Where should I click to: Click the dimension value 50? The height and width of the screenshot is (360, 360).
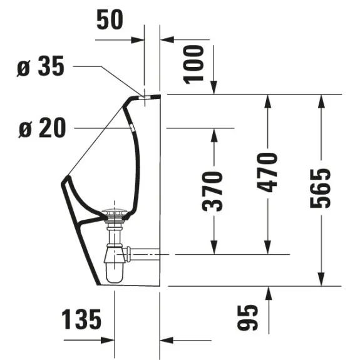point(110,20)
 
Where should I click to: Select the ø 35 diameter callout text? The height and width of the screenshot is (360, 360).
point(41,66)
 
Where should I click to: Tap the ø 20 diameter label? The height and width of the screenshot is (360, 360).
point(42,128)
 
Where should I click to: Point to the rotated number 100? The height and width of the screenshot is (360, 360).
point(193,64)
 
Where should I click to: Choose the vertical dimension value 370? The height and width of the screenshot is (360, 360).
point(212,191)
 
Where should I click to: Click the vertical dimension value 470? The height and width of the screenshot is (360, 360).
point(267,172)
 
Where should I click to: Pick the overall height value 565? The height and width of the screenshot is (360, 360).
point(321,188)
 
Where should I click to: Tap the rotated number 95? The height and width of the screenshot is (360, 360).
point(248,318)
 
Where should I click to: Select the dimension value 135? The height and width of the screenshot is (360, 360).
point(81,319)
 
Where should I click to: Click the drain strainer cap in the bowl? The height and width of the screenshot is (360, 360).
point(114,212)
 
